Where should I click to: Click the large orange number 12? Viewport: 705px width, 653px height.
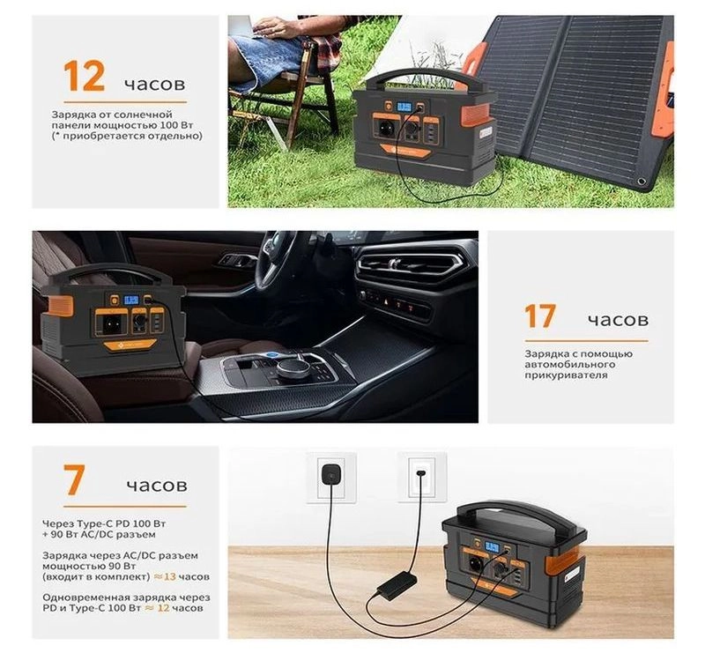click(84, 76)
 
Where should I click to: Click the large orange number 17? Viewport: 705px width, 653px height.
click(540, 316)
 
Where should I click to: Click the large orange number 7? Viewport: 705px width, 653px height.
click(74, 480)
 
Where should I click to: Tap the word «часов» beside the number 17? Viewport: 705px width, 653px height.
click(618, 320)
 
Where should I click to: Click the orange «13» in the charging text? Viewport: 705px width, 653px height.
click(169, 576)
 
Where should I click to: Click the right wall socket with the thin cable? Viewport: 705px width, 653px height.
click(422, 477)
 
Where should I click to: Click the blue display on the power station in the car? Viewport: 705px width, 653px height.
click(131, 299)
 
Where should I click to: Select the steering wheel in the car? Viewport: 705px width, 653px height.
click(278, 260)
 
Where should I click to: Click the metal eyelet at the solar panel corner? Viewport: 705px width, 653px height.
click(641, 182)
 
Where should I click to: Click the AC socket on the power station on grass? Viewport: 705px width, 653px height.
click(386, 129)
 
